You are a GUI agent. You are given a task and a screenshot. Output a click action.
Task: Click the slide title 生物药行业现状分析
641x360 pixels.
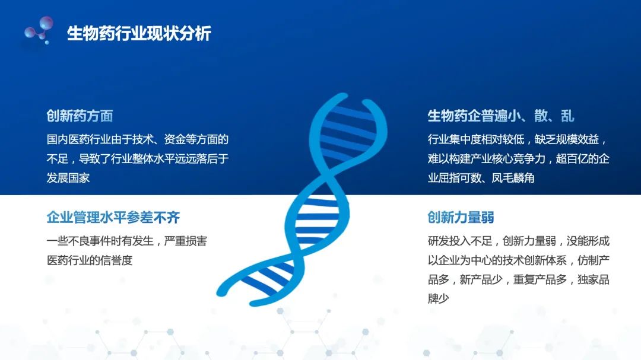[139, 33]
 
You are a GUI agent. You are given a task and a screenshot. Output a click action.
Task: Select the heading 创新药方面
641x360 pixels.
[80, 116]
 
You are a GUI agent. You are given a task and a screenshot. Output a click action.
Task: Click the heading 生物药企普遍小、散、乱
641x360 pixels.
[501, 116]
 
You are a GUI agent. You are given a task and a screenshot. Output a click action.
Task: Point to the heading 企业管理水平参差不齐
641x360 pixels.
[113, 217]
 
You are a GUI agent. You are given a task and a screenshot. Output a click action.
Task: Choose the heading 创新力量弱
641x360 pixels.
[461, 217]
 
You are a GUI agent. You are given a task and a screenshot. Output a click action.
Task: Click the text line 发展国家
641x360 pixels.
[68, 178]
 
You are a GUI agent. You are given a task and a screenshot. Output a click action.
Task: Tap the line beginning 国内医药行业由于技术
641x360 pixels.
[138, 140]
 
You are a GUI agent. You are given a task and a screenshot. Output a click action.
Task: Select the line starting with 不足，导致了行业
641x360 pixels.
[138, 159]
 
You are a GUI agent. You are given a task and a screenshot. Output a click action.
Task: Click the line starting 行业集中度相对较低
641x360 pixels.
[518, 140]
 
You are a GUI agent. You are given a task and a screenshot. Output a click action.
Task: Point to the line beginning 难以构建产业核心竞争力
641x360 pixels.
[518, 159]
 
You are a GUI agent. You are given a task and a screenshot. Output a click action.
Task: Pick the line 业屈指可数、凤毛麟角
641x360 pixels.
[481, 178]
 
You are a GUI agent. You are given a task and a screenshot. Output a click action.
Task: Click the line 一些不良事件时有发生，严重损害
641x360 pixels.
[126, 241]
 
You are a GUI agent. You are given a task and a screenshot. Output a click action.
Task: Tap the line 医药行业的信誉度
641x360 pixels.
[90, 260]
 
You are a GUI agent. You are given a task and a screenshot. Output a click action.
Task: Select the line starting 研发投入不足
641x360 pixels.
[518, 241]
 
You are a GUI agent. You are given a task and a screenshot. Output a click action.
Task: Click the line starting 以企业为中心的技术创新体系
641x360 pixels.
[518, 260]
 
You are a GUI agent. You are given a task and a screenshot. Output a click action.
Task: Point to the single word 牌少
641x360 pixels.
[439, 298]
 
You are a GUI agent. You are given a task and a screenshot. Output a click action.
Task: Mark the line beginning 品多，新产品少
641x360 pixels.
[518, 279]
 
